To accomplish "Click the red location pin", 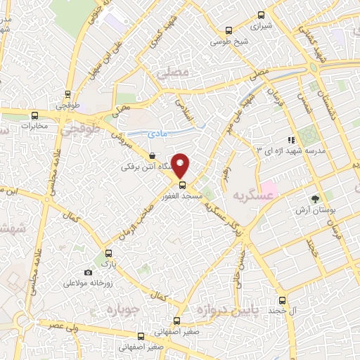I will point(181,165).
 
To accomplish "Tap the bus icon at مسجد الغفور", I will point(182,185).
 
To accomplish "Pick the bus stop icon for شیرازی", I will point(261,15).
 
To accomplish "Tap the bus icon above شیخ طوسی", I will point(228,30).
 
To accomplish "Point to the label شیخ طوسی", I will point(228,41).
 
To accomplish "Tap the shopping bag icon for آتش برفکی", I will point(153,156).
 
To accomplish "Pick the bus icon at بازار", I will point(108,253).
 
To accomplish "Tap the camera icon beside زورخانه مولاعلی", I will point(88,273).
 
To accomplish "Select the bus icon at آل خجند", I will point(282,299).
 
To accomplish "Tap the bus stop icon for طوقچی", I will point(67,94).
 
